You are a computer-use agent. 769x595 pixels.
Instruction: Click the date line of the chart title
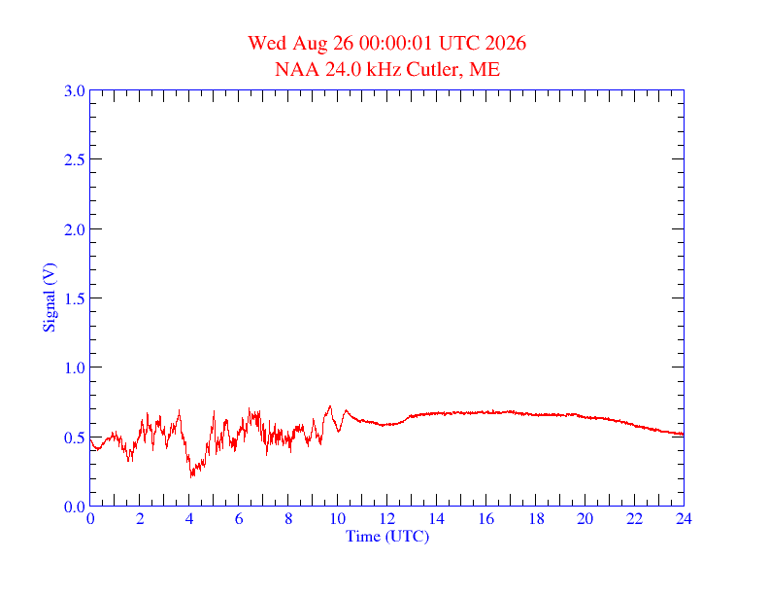tap(387, 43)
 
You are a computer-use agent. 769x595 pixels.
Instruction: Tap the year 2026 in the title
tap(506, 43)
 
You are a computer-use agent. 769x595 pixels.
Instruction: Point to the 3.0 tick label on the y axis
tap(74, 90)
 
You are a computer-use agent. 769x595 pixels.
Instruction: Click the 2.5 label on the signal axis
tap(74, 159)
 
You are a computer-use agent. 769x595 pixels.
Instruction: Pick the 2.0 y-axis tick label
tap(74, 229)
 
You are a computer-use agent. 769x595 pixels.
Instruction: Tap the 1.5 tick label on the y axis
tap(74, 298)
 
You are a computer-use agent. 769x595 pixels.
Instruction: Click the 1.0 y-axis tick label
tap(74, 367)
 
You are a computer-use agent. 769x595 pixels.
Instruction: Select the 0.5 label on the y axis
tap(74, 437)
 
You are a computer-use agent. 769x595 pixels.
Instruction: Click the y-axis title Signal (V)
tap(50, 298)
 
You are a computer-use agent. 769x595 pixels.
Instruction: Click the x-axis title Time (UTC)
tap(387, 536)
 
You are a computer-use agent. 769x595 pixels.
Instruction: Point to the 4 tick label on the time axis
tap(189, 519)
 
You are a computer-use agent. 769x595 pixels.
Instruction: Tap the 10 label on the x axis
tap(338, 519)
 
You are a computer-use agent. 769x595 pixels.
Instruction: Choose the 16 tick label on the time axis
tap(486, 519)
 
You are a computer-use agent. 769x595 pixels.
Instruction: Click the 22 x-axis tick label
tap(634, 519)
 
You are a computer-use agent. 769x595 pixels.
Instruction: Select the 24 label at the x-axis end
tap(684, 519)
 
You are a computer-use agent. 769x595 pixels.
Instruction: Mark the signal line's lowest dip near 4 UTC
tap(191, 476)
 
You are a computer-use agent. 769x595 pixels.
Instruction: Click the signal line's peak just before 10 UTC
tap(330, 406)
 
